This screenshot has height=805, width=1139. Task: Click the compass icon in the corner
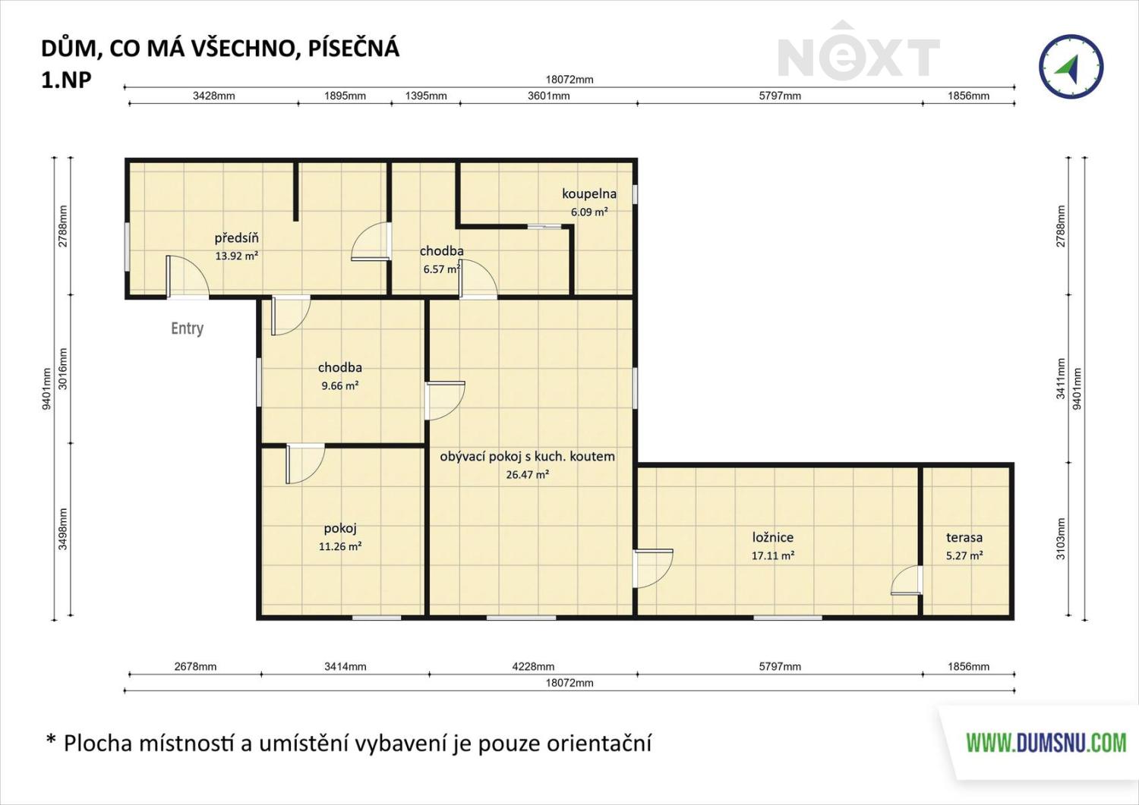1071,67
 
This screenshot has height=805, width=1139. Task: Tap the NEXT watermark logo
859,52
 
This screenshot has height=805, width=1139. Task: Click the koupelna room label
588,193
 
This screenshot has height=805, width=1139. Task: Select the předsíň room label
236,237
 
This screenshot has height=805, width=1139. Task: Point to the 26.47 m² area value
527,475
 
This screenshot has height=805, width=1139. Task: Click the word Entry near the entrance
187,329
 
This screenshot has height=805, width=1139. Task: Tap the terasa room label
964,537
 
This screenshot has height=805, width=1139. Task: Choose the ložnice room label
773,537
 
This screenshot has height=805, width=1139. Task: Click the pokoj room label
340,529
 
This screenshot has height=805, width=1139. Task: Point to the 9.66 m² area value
340,385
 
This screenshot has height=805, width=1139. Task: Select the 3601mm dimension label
549,96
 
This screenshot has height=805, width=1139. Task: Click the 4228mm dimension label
533,666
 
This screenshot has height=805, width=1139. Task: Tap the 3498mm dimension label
62,529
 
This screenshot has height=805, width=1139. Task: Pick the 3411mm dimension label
1060,379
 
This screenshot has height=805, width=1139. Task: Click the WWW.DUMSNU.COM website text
1046,743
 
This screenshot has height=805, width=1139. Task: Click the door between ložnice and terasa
907,580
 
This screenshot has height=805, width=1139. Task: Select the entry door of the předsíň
187,277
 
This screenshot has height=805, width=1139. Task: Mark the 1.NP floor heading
66,80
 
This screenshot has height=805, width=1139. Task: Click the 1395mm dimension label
426,96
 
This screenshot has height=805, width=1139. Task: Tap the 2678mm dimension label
195,666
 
